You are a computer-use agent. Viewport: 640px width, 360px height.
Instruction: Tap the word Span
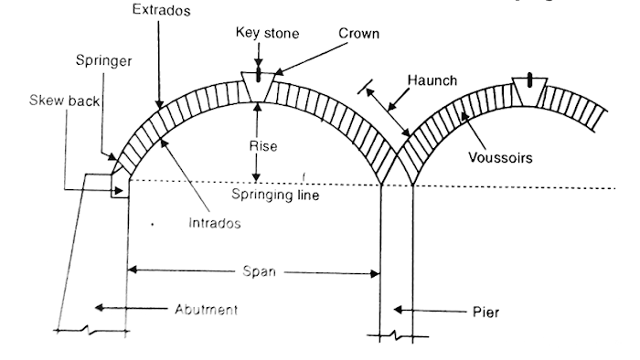click(x=258, y=271)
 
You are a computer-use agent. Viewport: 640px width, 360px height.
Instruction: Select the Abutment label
click(x=206, y=309)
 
